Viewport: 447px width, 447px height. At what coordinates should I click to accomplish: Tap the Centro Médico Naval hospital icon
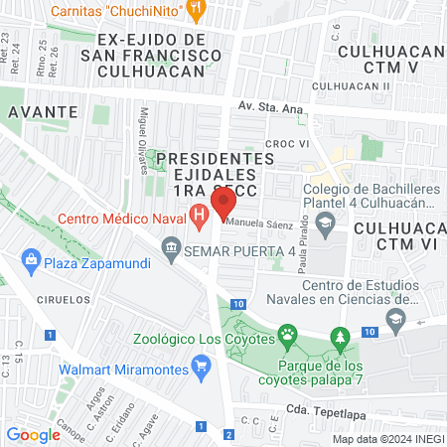pyautogui.click(x=199, y=213)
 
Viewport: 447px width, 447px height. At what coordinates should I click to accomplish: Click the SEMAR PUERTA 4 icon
pyautogui.click(x=172, y=244)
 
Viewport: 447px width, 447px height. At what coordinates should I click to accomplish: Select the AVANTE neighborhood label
pyautogui.click(x=40, y=112)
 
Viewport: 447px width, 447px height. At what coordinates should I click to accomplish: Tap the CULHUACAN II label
pyautogui.click(x=351, y=86)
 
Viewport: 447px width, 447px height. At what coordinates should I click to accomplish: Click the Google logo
pyautogui.click(x=33, y=434)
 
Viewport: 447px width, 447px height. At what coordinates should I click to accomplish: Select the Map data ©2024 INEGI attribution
pyautogui.click(x=386, y=439)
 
